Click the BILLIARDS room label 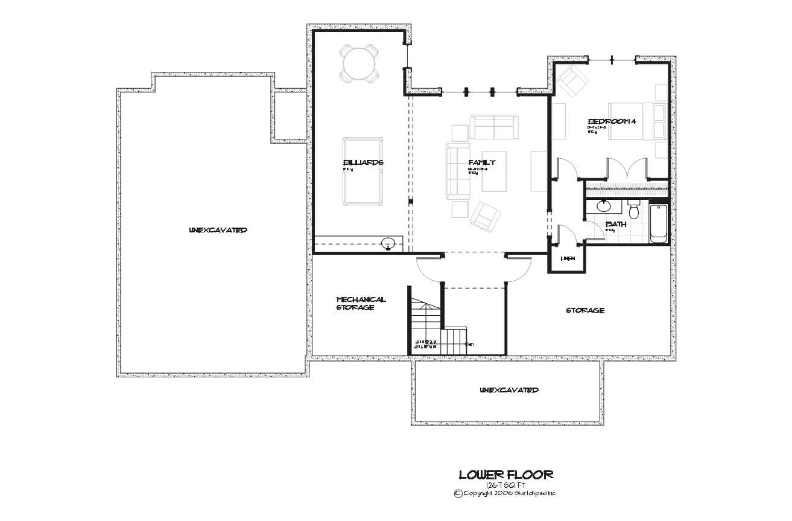point(363,162)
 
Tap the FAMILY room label point(481,162)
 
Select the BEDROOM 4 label point(612,121)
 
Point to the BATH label point(616,224)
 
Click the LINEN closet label point(568,259)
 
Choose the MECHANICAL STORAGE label point(361,303)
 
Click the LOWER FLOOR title point(505,475)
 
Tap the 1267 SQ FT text point(505,485)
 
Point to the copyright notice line point(505,493)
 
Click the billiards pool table point(363,172)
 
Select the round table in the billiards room point(360,62)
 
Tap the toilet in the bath point(633,210)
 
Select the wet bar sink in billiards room point(388,244)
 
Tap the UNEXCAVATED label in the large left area point(218,230)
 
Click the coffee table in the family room point(493,171)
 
